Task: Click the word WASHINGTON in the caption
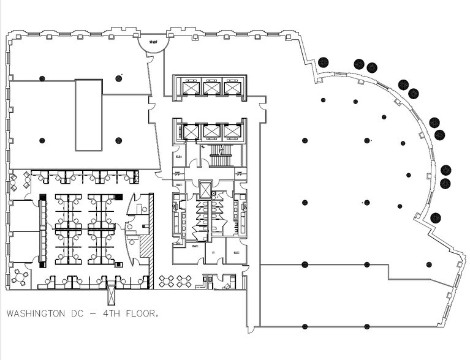coord(35,314)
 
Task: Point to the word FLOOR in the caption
coord(142,314)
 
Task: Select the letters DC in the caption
coord(77,314)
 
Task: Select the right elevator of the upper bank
coord(231,88)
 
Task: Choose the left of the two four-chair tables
coord(166,281)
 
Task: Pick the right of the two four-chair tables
coord(181,281)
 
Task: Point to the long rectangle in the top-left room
coord(88,114)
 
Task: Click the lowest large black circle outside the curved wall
coord(436,217)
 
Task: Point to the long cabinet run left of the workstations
coord(43,231)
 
